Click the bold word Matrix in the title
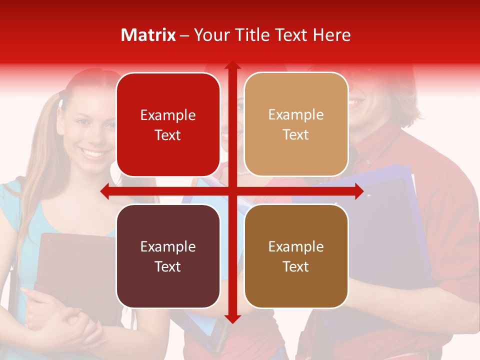(148, 35)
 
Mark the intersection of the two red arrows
(232, 191)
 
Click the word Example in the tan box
(296, 115)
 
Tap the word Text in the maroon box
(168, 266)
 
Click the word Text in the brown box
(296, 266)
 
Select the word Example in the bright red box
(168, 115)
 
